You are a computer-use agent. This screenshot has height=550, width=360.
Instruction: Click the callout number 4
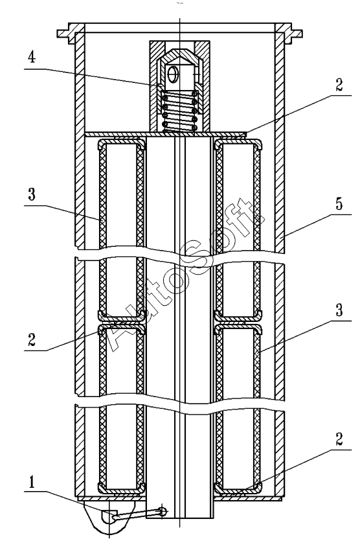(x=32, y=57)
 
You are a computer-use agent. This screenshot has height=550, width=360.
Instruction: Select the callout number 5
(x=339, y=205)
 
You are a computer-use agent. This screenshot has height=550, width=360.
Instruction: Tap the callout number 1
(x=32, y=482)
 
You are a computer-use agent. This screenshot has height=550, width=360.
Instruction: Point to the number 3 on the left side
(x=32, y=194)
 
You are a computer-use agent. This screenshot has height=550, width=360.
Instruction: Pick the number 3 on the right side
(x=339, y=310)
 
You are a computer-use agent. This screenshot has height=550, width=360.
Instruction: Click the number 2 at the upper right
(x=339, y=85)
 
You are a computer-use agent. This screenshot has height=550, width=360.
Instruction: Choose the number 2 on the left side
(x=32, y=339)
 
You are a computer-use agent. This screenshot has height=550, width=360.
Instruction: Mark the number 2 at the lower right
(x=339, y=439)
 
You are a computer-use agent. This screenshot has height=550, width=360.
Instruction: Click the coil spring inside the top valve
(x=179, y=111)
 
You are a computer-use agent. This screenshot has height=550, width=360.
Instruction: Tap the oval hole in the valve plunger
(x=172, y=74)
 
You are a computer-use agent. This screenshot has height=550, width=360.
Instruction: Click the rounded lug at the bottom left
(x=109, y=518)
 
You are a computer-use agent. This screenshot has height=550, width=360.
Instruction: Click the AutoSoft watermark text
(x=181, y=275)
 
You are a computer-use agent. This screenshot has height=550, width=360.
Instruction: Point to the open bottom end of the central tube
(x=179, y=518)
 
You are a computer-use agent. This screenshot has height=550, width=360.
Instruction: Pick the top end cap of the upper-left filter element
(x=121, y=143)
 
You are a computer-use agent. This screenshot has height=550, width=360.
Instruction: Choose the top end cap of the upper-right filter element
(x=238, y=143)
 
